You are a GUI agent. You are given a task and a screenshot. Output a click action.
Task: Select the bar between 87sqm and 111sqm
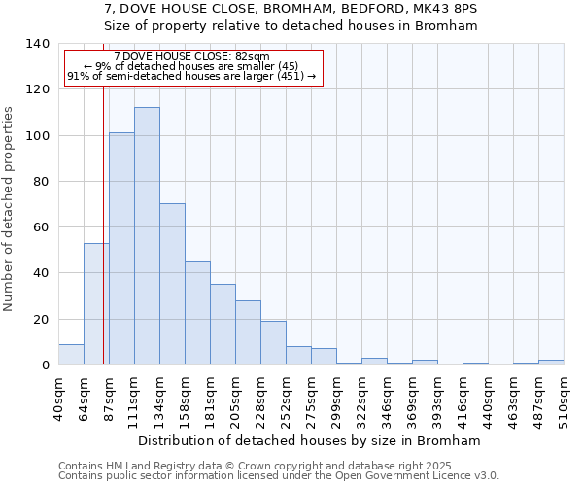click(x=121, y=249)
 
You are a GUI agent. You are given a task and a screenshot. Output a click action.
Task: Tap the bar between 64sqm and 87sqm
click(x=96, y=304)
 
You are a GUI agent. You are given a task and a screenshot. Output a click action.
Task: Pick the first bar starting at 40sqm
click(x=71, y=355)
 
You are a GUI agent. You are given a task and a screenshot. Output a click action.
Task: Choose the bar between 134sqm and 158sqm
click(x=172, y=284)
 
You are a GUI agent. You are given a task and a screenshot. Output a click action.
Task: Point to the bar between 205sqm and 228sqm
click(x=248, y=332)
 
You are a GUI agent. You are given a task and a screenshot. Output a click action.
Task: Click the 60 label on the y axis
click(x=41, y=227)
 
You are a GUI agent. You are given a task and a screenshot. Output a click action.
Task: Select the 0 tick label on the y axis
click(x=45, y=365)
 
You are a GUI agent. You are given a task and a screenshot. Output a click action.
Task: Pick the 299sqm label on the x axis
click(x=336, y=399)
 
